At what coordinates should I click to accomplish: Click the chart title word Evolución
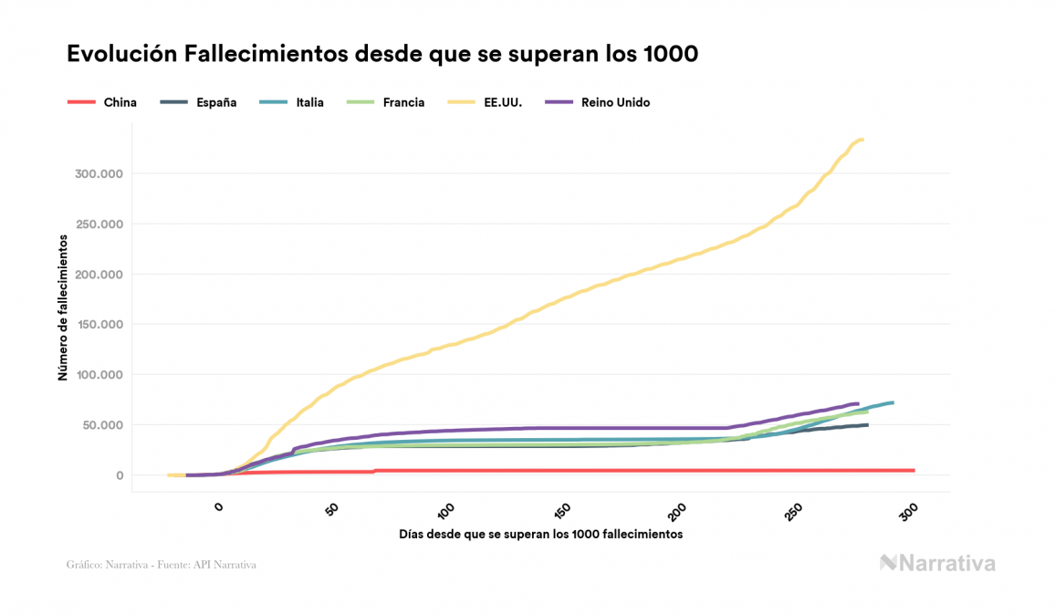122,55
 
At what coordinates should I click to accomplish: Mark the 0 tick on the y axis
119,475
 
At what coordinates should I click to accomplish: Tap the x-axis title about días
541,534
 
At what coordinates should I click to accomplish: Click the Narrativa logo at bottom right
937,563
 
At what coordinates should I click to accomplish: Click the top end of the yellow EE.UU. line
863,140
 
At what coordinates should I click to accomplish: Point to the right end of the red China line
914,471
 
